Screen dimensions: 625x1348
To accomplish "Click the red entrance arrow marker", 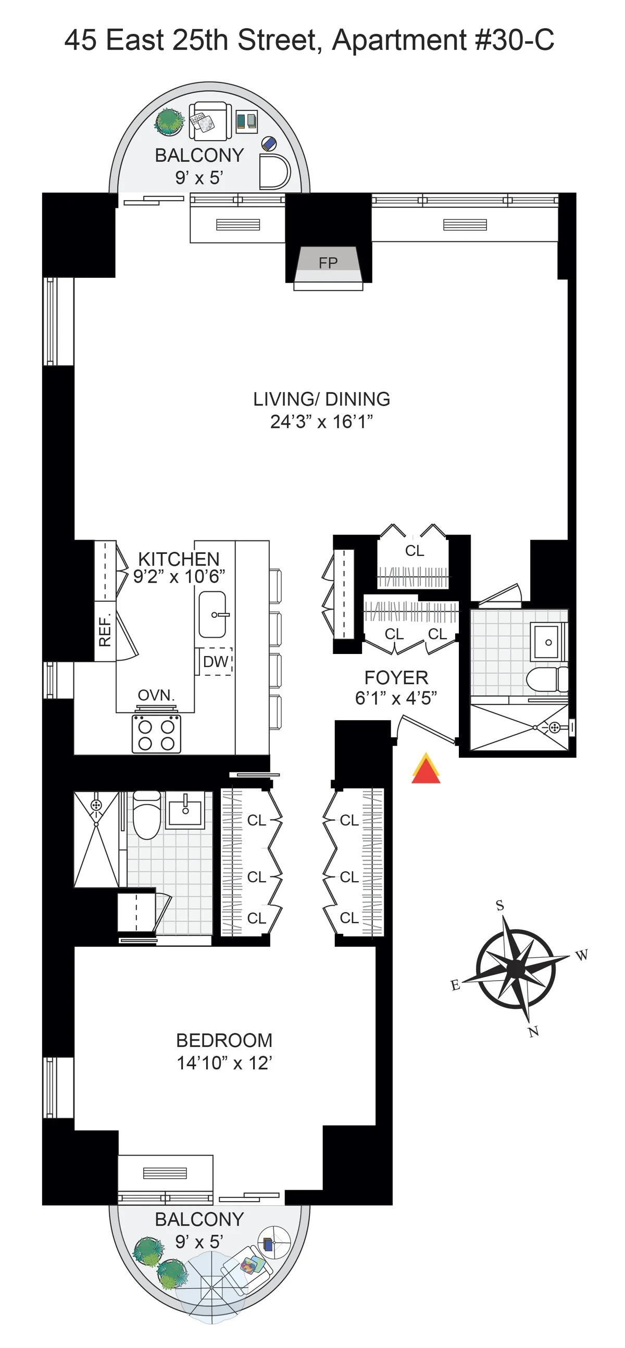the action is click(x=426, y=769).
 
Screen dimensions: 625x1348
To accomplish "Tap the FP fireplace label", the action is click(x=328, y=263).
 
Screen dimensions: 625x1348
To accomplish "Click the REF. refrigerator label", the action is click(x=105, y=631).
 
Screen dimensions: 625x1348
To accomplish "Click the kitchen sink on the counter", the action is click(x=213, y=615).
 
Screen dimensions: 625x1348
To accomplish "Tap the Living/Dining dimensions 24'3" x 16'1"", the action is click(x=322, y=422).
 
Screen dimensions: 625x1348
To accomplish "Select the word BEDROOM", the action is click(x=224, y=1040).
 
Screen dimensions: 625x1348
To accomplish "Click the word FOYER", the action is click(x=396, y=678).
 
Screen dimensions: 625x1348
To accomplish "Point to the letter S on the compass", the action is click(x=500, y=905).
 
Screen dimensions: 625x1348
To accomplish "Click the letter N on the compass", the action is click(x=533, y=1032).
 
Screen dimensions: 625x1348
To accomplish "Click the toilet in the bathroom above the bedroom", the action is click(x=146, y=814).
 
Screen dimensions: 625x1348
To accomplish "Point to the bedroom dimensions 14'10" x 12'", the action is click(x=224, y=1063).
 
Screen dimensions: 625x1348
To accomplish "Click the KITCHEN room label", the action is click(x=179, y=559).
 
